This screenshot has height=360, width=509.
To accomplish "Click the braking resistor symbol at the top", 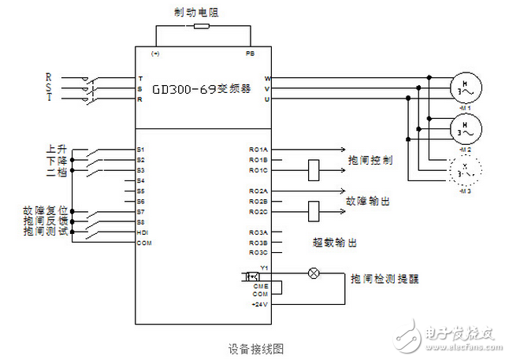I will point(202,25).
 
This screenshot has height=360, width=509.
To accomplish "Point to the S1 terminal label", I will point(141,149).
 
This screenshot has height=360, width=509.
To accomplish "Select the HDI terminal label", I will point(142,232).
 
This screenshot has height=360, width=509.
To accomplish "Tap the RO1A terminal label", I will point(258,149).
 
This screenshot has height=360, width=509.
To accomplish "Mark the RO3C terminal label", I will point(258,252).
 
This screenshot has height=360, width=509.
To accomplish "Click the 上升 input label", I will point(56,148).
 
